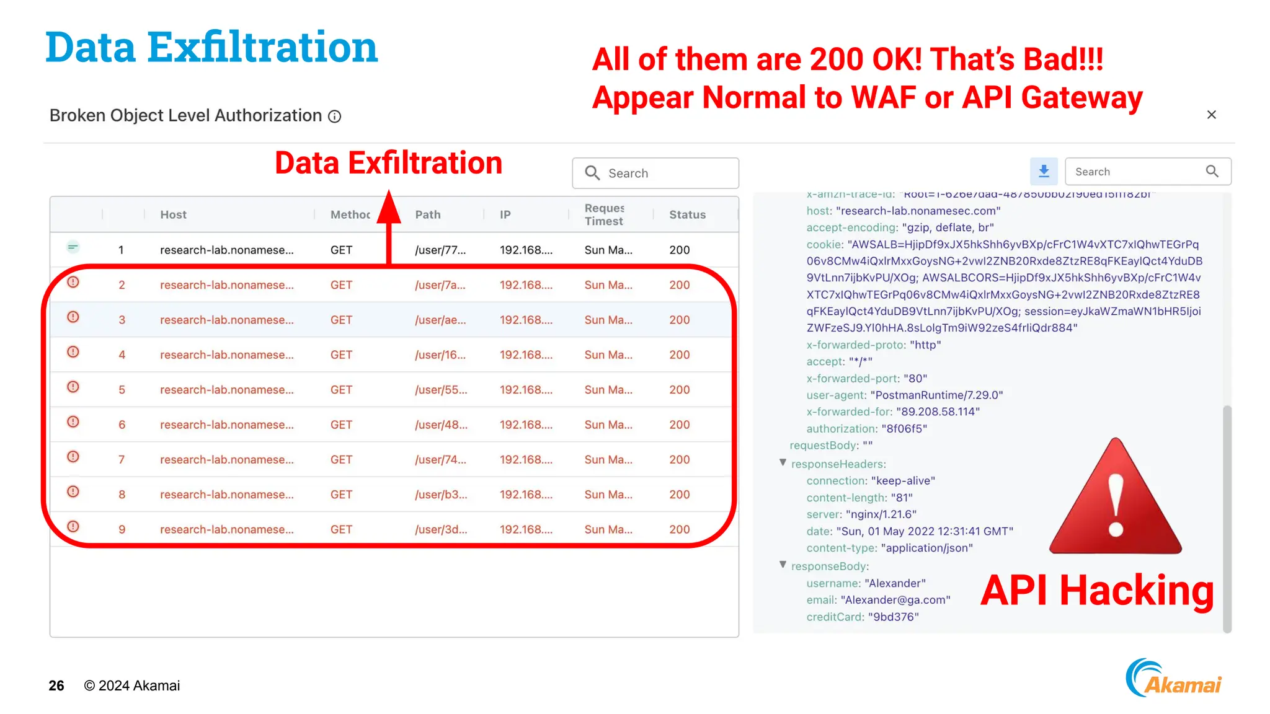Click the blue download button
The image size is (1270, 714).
click(x=1044, y=171)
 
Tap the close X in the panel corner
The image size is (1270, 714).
click(x=1211, y=115)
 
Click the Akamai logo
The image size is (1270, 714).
click(x=1173, y=679)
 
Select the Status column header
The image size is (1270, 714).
click(x=687, y=214)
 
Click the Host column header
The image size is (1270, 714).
click(x=173, y=214)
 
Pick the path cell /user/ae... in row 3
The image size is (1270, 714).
click(x=440, y=320)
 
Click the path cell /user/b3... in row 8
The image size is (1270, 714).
click(x=441, y=495)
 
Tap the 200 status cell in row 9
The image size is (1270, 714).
click(x=679, y=529)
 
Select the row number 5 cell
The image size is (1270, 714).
click(x=122, y=390)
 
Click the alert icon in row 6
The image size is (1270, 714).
click(x=73, y=422)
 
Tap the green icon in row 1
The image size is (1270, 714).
click(x=73, y=247)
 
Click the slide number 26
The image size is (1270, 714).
click(x=56, y=685)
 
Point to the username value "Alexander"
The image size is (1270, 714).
click(x=895, y=583)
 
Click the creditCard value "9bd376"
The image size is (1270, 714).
click(x=893, y=617)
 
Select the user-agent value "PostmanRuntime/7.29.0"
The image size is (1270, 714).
click(x=936, y=395)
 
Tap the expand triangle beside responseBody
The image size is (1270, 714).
click(x=783, y=565)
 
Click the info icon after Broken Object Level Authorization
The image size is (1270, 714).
click(x=335, y=117)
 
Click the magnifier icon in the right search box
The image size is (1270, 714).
click(x=1212, y=171)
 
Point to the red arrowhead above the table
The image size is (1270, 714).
click(x=389, y=208)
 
